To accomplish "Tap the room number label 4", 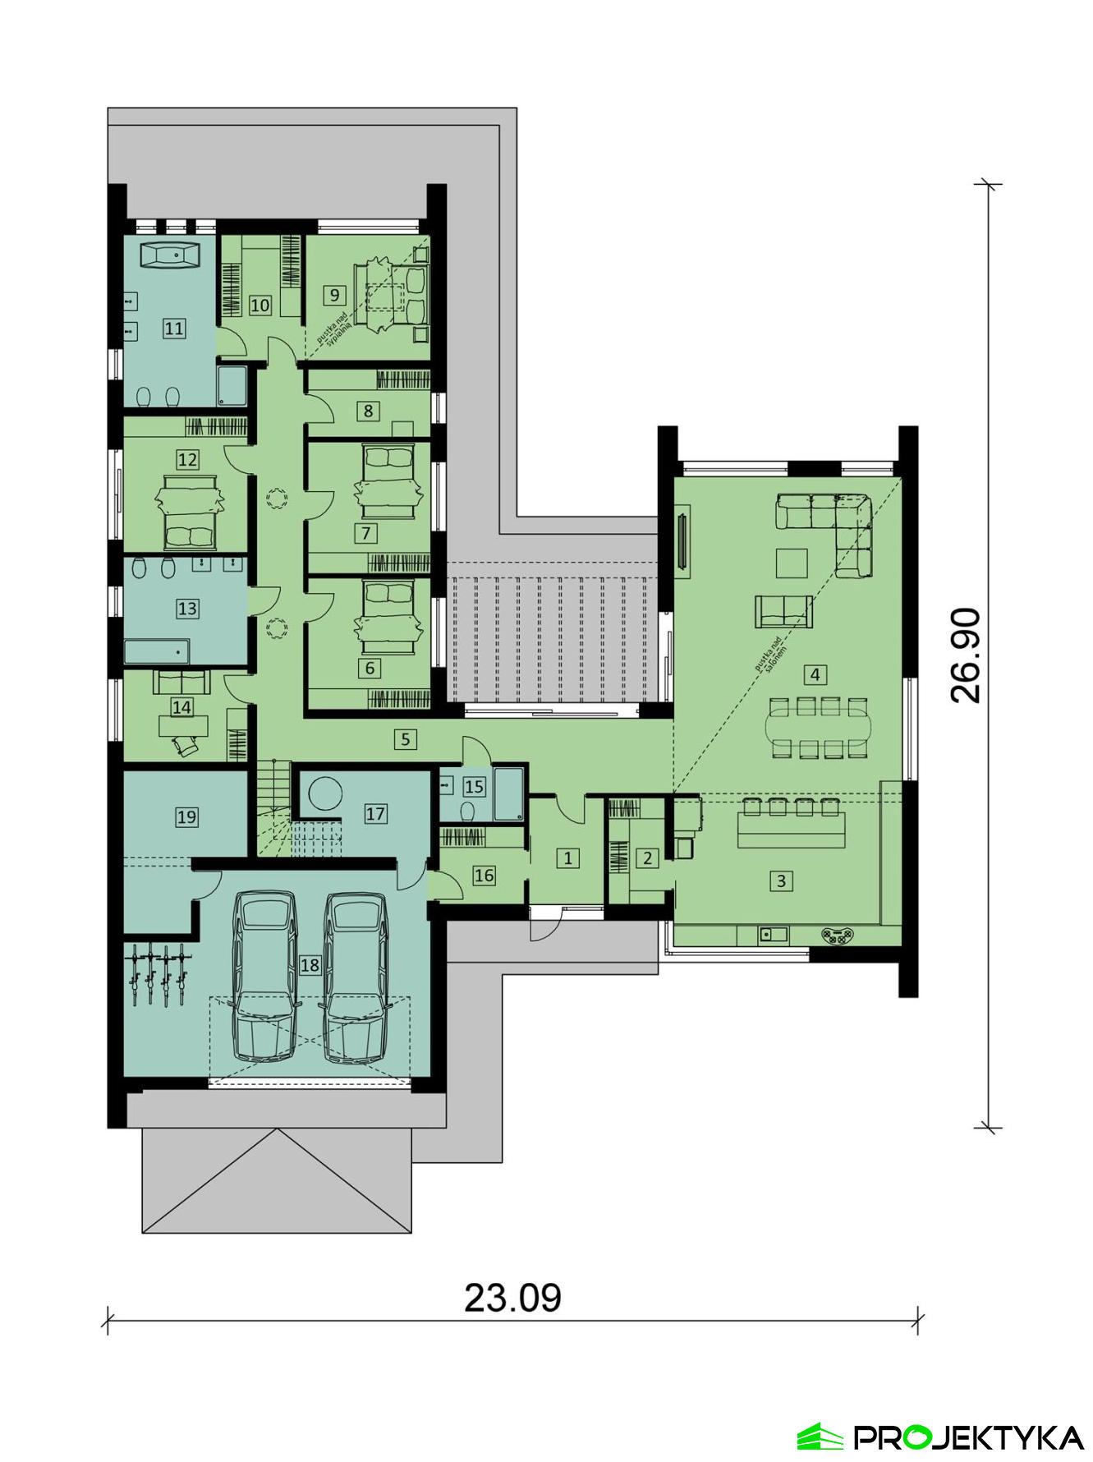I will coord(815,675).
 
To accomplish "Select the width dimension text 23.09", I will coord(512,1298).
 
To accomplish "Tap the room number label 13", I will coord(187,609).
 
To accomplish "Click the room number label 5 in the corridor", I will coord(405,739).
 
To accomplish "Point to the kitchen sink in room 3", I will coord(773,934).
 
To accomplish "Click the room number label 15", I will coord(474,787).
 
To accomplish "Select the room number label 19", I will coord(186,816).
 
